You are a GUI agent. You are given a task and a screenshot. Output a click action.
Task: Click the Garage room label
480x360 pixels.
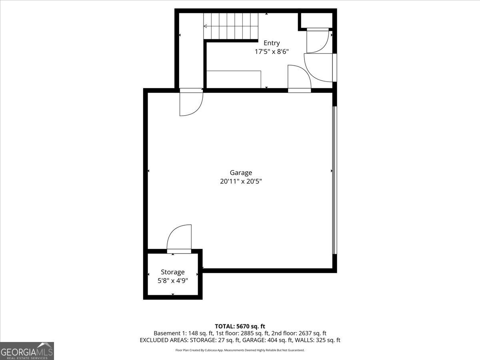pyautogui.click(x=241, y=172)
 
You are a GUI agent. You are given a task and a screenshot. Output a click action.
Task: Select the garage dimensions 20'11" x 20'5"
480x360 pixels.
pyautogui.click(x=241, y=181)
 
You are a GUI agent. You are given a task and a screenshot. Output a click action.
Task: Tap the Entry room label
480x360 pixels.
pyautogui.click(x=272, y=43)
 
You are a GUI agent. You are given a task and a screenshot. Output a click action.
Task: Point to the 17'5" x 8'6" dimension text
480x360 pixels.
pyautogui.click(x=272, y=52)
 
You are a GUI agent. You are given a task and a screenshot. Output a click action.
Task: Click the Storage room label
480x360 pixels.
pyautogui.click(x=173, y=272)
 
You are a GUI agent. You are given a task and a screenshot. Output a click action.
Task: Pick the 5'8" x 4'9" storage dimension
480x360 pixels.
pyautogui.click(x=173, y=280)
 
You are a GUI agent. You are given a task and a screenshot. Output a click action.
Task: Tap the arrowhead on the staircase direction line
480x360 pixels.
pyautogui.click(x=205, y=26)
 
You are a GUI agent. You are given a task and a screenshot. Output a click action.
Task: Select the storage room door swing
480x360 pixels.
pyautogui.click(x=179, y=238)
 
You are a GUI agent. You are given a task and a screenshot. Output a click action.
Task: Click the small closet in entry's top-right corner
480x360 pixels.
pyautogui.click(x=316, y=20)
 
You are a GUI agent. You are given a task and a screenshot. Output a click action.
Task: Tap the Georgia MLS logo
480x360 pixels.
pyautogui.click(x=27, y=351)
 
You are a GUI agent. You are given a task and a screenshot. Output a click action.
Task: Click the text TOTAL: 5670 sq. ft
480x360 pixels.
pyautogui.click(x=240, y=326)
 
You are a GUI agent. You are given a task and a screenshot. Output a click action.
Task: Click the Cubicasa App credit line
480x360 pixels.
pyautogui.click(x=240, y=350)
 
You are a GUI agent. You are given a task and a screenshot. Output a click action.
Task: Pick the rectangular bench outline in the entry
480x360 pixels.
pyautogui.click(x=234, y=79)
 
